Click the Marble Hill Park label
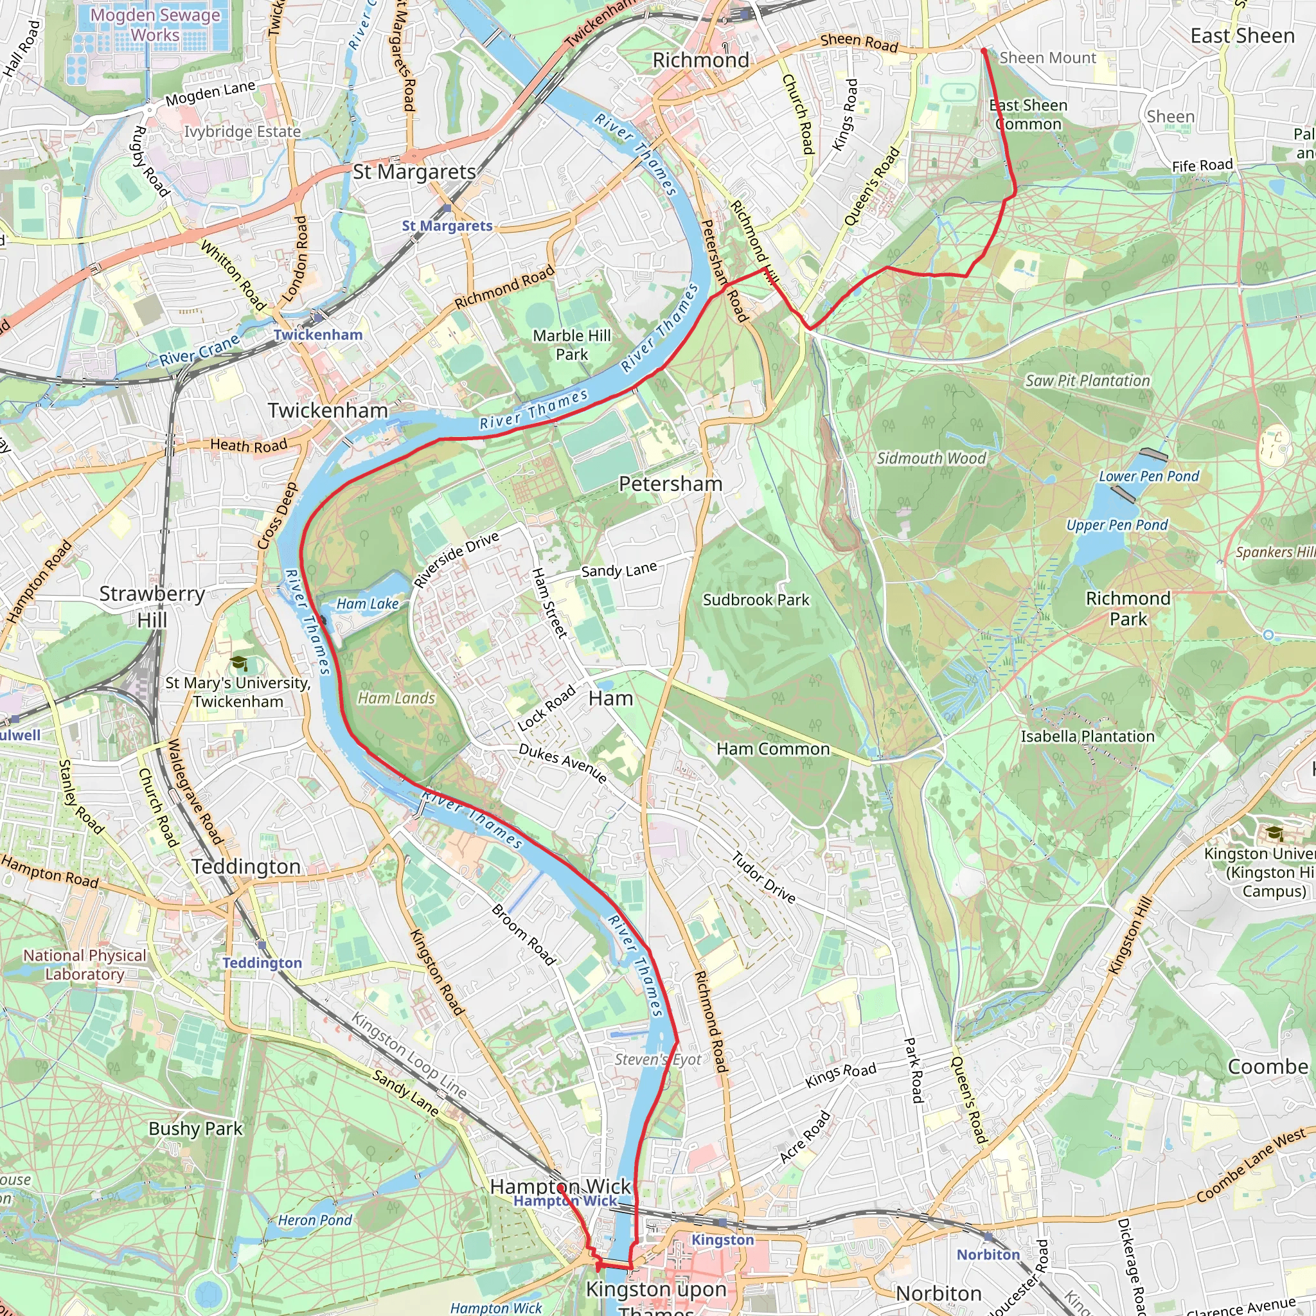(571, 344)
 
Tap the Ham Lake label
(367, 603)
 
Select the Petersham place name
(670, 484)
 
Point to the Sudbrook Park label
(756, 600)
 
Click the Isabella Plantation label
(1087, 736)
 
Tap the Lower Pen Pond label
(1148, 476)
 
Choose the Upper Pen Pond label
(1116, 525)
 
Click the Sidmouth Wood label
(931, 458)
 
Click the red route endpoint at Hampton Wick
(560, 1187)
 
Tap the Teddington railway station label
(262, 963)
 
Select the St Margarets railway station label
(447, 226)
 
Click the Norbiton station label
(988, 1255)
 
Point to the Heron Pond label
(315, 1220)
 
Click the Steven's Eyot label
(657, 1059)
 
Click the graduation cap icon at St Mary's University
(238, 662)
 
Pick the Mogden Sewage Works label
(156, 24)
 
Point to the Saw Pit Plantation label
(1087, 381)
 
